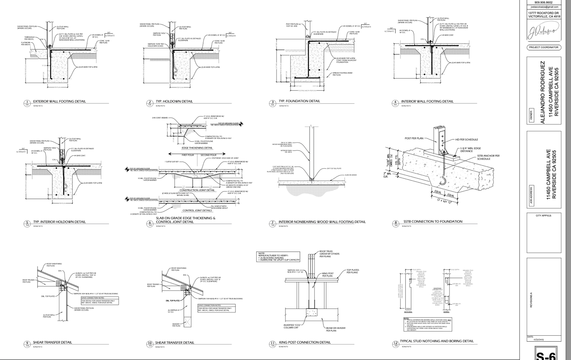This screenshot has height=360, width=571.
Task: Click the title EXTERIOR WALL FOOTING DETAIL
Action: (59, 101)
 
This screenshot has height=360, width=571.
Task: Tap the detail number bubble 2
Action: (150, 103)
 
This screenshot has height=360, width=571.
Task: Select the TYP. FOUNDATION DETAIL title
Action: (299, 101)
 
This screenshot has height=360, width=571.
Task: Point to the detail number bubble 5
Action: (27, 224)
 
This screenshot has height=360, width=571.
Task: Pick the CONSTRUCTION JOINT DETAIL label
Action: (197, 190)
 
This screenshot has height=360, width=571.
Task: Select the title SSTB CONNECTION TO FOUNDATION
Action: (433, 222)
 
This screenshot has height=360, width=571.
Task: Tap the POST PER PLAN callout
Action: (414, 138)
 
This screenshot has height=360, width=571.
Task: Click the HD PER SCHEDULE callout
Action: (466, 140)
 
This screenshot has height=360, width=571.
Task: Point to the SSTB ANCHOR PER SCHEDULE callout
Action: (488, 157)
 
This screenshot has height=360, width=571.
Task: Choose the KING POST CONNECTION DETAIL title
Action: (304, 342)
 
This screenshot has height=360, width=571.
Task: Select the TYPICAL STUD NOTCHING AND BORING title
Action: (437, 341)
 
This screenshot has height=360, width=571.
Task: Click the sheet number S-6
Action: (545, 354)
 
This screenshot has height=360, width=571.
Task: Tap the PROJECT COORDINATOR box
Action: (543, 47)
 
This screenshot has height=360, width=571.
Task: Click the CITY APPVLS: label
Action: (543, 216)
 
